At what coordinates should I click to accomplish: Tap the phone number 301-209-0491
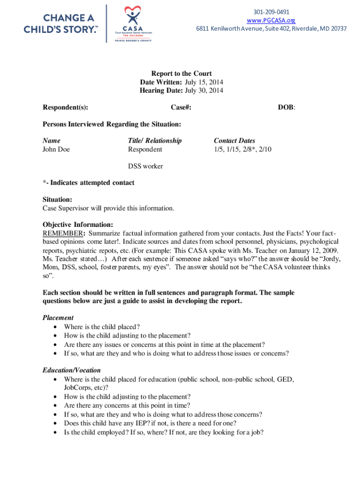pyautogui.click(x=271, y=12)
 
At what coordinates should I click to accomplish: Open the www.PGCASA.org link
pyautogui.click(x=271, y=20)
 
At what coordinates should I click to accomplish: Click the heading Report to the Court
pyautogui.click(x=181, y=73)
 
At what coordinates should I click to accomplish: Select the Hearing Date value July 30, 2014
pyautogui.click(x=204, y=90)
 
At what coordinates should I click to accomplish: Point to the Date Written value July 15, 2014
pyautogui.click(x=204, y=82)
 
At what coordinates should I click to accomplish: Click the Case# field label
pyautogui.click(x=181, y=108)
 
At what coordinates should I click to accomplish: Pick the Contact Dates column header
pyautogui.click(x=234, y=141)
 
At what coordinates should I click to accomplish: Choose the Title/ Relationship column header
pyautogui.click(x=155, y=141)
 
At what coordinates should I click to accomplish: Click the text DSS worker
pyautogui.click(x=146, y=166)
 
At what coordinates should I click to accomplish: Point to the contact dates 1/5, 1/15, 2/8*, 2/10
pyautogui.click(x=242, y=149)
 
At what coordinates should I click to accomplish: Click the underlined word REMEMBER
pyautogui.click(x=63, y=233)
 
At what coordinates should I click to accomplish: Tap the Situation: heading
pyautogui.click(x=58, y=200)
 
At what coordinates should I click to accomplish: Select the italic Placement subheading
pyautogui.click(x=58, y=318)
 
